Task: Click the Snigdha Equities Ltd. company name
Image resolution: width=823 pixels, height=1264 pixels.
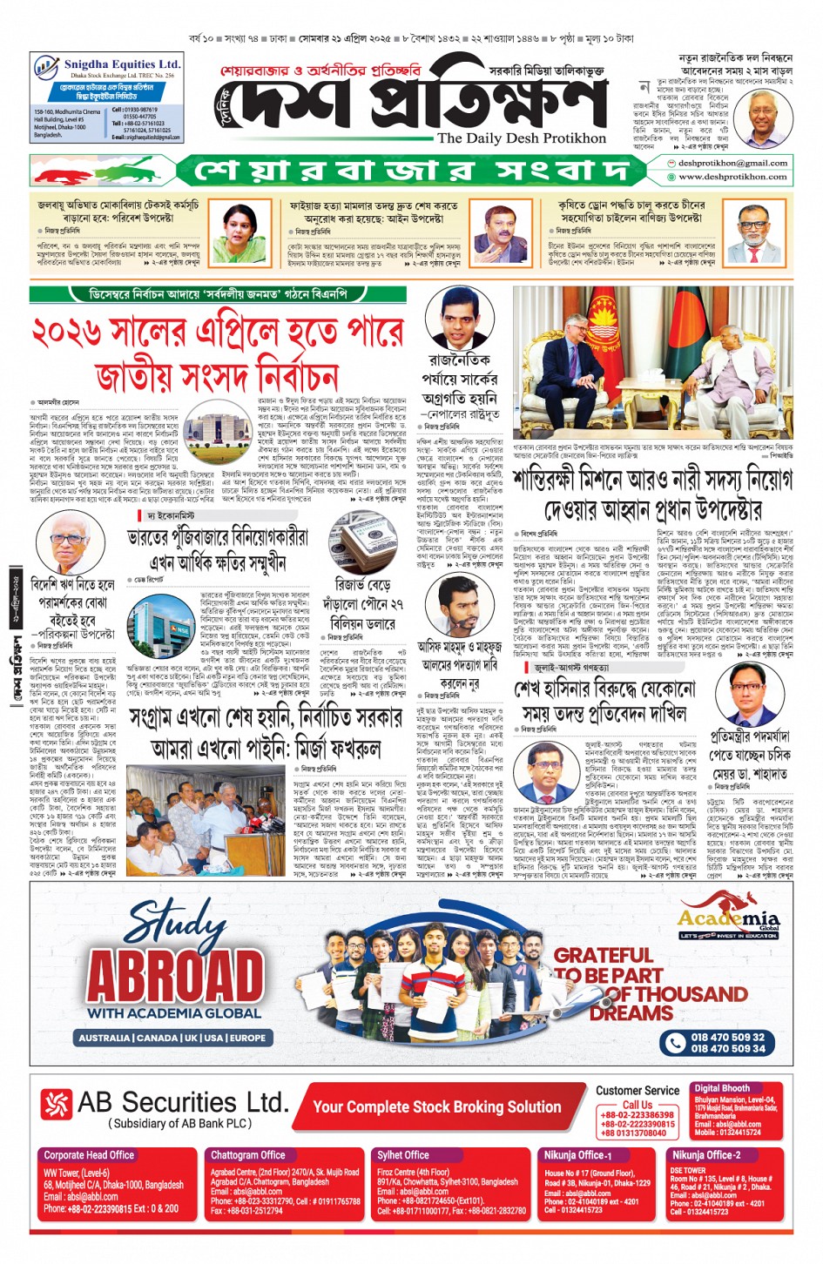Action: pyautogui.click(x=122, y=64)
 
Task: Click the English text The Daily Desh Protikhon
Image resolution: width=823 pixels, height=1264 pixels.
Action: pyautogui.click(x=521, y=138)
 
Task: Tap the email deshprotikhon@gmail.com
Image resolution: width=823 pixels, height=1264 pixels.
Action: pyautogui.click(x=732, y=163)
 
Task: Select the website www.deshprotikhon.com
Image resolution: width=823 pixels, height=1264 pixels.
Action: pyautogui.click(x=732, y=177)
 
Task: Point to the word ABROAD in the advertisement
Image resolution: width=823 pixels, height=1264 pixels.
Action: pyautogui.click(x=175, y=974)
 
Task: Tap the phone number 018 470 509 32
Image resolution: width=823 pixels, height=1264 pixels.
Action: pyautogui.click(x=727, y=1037)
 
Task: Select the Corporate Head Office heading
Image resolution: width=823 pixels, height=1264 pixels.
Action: pyautogui.click(x=89, y=1155)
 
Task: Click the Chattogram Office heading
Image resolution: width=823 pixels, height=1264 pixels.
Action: pyautogui.click(x=247, y=1155)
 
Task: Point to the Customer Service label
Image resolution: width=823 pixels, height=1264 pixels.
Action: pyautogui.click(x=637, y=1090)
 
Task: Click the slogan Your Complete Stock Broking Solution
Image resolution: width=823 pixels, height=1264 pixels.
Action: pyautogui.click(x=436, y=1107)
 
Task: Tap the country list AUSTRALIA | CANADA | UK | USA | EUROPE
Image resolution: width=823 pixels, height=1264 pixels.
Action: pyautogui.click(x=172, y=1038)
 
